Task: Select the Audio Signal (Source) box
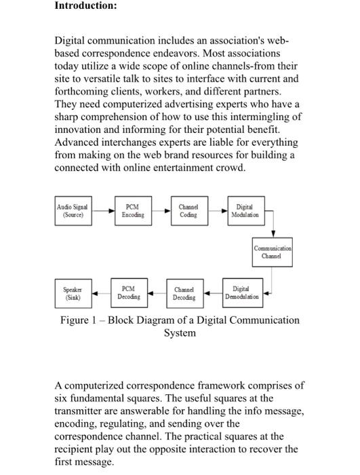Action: (x=73, y=210)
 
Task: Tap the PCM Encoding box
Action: (x=133, y=210)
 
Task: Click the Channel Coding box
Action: (x=188, y=210)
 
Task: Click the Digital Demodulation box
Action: (x=241, y=292)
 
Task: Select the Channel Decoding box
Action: (x=184, y=293)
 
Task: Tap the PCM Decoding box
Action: (x=129, y=293)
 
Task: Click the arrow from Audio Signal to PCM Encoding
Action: (x=103, y=210)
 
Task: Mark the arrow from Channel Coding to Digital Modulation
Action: (x=216, y=210)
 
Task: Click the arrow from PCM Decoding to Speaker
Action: (x=100, y=293)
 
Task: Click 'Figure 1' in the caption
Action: (x=75, y=320)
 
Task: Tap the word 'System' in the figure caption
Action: (x=180, y=333)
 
